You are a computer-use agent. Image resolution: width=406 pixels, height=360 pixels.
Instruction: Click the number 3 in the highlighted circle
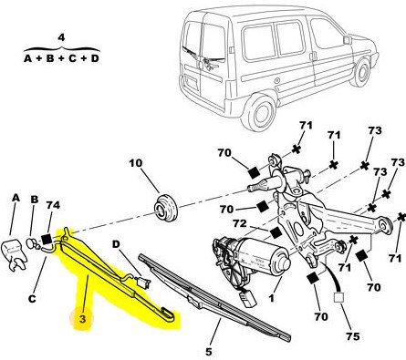[x=82, y=319]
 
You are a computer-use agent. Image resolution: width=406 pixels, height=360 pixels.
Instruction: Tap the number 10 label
[x=136, y=163]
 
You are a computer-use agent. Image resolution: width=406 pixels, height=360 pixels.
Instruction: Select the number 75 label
[x=352, y=336]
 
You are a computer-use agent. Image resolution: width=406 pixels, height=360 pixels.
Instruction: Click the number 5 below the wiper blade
[x=208, y=352]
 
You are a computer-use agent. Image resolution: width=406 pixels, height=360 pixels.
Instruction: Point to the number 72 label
[x=240, y=223]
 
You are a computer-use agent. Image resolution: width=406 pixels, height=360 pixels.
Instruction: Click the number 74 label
[x=53, y=205]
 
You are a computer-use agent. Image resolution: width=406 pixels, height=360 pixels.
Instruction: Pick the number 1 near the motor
[x=272, y=298]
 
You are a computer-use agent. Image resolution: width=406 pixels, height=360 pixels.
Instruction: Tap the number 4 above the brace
[x=61, y=37]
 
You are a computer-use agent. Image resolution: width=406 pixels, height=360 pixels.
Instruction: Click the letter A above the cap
[x=16, y=198]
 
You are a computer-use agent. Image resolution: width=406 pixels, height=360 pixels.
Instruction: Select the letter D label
[x=116, y=244]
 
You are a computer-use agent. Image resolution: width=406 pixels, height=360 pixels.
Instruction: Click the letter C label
[x=32, y=299]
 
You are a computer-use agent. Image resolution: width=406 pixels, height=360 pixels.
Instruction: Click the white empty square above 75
[x=338, y=298]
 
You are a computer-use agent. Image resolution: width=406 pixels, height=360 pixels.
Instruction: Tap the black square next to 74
[x=47, y=239]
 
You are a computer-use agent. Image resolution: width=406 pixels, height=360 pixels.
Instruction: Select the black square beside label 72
[x=276, y=233]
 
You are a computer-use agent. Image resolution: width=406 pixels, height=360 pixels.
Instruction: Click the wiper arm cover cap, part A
[x=14, y=254]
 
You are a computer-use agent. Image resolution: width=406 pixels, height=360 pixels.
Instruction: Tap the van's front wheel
[x=362, y=73]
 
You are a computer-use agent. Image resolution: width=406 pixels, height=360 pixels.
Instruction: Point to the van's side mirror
[x=348, y=40]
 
